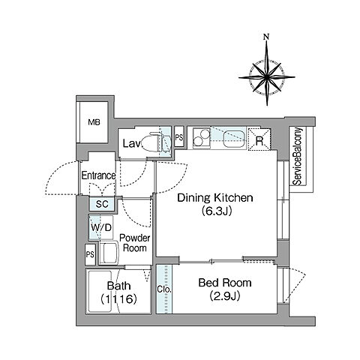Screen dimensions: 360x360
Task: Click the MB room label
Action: tap(94, 122)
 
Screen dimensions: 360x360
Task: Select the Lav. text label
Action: tap(132, 143)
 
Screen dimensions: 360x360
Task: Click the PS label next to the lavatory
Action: tap(179, 138)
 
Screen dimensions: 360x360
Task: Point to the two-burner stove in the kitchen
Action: tap(201, 138)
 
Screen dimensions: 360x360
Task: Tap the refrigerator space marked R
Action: tap(259, 139)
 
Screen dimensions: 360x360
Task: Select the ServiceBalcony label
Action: tap(298, 157)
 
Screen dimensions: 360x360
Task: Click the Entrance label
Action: tap(98, 175)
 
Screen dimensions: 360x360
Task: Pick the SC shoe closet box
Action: tap(102, 204)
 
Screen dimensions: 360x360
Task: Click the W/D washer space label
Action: tap(101, 227)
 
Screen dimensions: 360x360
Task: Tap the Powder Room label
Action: tap(135, 243)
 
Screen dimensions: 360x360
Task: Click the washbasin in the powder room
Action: tap(109, 253)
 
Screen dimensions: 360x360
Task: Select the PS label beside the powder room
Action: tap(90, 254)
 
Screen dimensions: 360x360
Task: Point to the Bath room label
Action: tap(118, 286)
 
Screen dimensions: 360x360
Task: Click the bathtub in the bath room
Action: tap(100, 291)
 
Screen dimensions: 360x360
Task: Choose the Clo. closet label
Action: tap(164, 289)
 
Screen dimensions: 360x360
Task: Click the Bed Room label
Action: tap(225, 283)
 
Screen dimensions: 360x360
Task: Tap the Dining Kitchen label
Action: tap(215, 198)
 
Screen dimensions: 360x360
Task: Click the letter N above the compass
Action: tap(267, 37)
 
